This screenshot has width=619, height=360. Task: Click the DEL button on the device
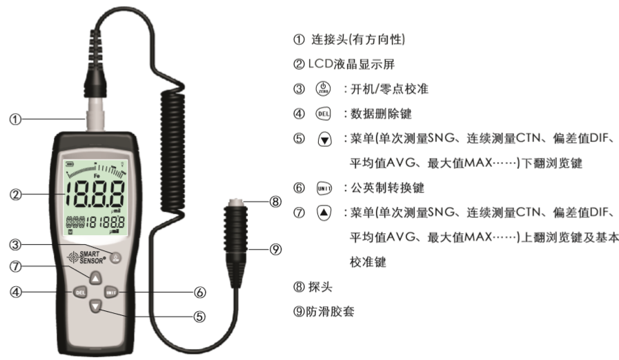coord(79,292)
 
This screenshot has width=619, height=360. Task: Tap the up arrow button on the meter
coord(96,277)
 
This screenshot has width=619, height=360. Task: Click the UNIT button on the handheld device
coord(113,292)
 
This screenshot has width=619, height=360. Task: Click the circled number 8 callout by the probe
coord(275,202)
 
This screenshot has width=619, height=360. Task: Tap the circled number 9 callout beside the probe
coord(275,250)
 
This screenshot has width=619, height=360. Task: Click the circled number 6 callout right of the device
coord(200,292)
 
